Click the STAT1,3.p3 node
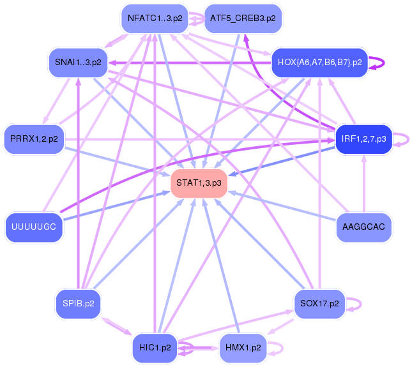(x=199, y=183)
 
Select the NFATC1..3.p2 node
(x=155, y=19)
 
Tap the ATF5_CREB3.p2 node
(x=243, y=19)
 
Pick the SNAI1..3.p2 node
(x=78, y=62)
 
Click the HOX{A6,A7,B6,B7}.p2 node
(x=319, y=63)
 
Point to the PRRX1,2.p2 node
(x=34, y=139)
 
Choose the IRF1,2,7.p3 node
(x=363, y=139)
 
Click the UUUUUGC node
(x=34, y=227)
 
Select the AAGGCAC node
(x=363, y=227)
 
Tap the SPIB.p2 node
(x=79, y=304)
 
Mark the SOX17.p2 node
(x=319, y=304)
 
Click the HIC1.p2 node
(x=155, y=348)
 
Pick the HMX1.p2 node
(x=243, y=348)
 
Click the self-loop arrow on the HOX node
(x=384, y=63)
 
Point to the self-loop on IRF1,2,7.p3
(x=408, y=139)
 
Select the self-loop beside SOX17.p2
(x=361, y=304)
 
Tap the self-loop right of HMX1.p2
(x=283, y=348)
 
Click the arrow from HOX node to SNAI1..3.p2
(x=190, y=63)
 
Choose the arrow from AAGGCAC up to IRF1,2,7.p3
(x=364, y=183)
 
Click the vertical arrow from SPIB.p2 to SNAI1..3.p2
(x=78, y=184)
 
